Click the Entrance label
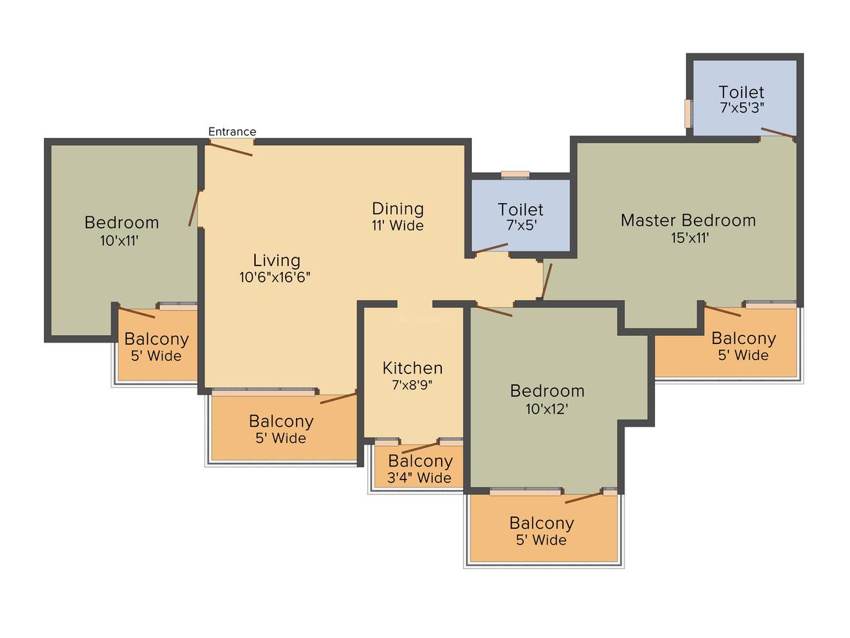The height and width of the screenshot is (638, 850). pos(232,132)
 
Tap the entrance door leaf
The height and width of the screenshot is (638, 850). pos(229,148)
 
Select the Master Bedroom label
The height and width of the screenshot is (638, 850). pos(688,220)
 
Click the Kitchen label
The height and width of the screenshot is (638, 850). pos(413,368)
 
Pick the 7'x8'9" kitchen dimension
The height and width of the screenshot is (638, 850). pos(413,385)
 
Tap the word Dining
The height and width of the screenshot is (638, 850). pos(398,208)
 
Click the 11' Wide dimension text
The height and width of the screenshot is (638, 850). pos(398,226)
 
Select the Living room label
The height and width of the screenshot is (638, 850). pos(277,260)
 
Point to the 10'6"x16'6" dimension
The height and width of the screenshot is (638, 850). pos(277,277)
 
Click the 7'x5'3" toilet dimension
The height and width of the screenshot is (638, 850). pos(742,107)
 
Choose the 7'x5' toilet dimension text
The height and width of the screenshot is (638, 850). pos(521,226)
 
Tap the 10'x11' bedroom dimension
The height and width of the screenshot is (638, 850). pos(122,239)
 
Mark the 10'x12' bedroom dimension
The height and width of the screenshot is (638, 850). pos(547,408)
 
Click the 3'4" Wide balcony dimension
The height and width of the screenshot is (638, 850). pos(420,478)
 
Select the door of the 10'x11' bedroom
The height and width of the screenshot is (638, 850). pos(194,208)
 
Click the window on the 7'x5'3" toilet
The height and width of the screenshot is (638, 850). pos(688,113)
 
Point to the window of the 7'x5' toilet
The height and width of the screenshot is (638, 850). pos(515,175)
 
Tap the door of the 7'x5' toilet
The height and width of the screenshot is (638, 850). pos(491,248)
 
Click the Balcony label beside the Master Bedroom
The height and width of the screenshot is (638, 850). pos(744,339)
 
